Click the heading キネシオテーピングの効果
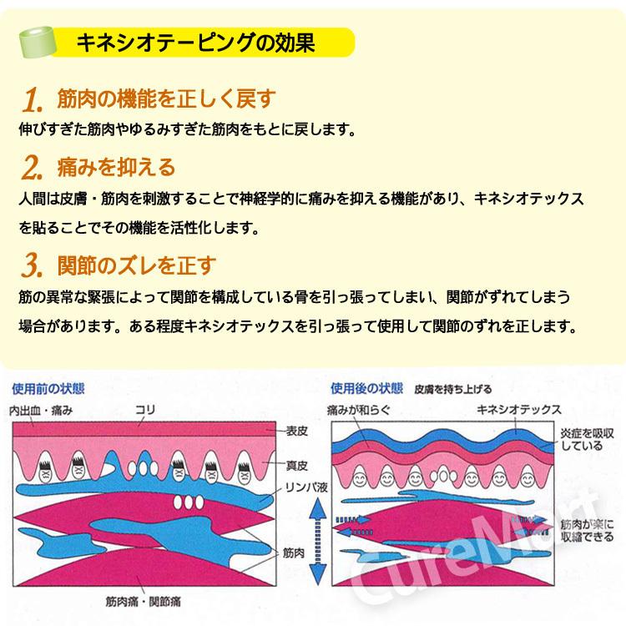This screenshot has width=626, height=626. click(x=195, y=42)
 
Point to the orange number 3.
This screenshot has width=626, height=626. click(x=31, y=267)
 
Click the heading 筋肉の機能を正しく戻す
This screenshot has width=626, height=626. click(x=163, y=99)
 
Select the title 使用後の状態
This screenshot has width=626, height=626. click(x=366, y=388)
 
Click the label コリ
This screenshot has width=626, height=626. click(x=145, y=409)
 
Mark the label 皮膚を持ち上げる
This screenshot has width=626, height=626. click(x=453, y=389)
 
